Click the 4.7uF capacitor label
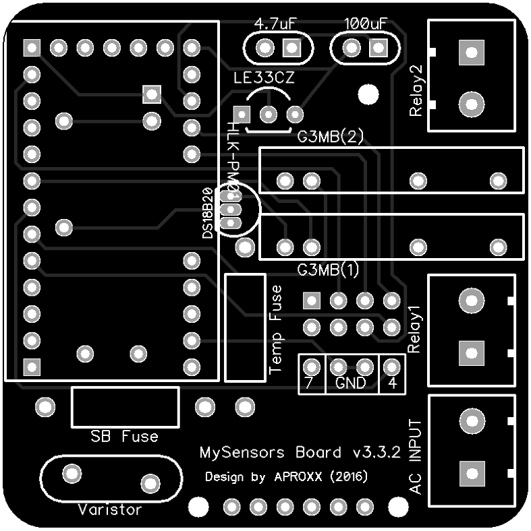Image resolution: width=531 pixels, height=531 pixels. point(275,24)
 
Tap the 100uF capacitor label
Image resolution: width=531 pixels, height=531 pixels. point(365,24)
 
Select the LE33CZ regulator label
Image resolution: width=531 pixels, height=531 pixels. point(264,77)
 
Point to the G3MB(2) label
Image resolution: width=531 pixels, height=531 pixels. point(331,137)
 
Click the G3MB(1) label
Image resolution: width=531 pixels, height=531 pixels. point(329,270)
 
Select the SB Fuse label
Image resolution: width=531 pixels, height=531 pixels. point(125,437)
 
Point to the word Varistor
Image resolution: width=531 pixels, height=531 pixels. point(110,509)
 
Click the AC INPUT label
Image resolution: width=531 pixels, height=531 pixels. point(416,456)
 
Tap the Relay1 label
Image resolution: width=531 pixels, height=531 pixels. point(414,329)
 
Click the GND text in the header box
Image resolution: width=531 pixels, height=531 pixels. point(351,383)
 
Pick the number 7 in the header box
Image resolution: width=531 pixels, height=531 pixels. point(309,383)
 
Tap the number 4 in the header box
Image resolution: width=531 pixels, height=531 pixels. point(392,383)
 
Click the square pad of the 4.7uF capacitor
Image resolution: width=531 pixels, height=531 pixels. point(292,48)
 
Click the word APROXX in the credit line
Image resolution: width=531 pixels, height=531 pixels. point(299,477)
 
